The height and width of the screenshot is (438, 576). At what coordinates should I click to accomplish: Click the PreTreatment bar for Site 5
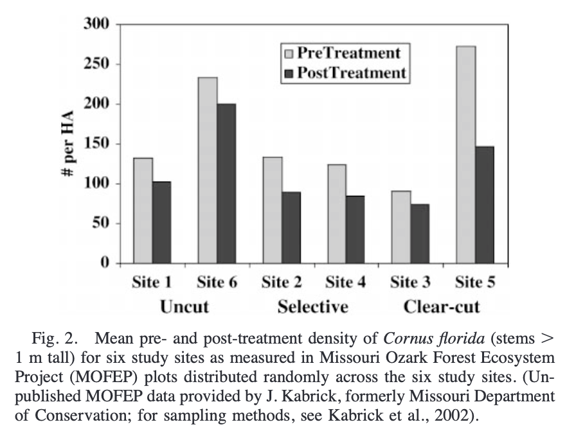465,155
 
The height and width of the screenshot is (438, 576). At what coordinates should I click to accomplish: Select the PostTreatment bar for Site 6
226,184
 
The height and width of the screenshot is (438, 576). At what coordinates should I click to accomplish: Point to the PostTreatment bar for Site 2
291,227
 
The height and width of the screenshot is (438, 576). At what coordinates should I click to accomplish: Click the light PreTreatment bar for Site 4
336,214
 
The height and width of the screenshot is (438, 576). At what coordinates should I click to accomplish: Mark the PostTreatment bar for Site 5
484,205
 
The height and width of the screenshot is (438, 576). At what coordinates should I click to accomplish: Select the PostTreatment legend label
352,73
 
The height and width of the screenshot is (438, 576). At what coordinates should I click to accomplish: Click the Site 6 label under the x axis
217,282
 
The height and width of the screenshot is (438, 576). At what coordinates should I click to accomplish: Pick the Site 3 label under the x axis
410,282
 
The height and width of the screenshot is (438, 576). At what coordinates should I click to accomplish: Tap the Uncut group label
184,306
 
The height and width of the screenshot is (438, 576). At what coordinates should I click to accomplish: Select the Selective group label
313,306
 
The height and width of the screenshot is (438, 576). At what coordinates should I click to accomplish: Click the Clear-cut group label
442,306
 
